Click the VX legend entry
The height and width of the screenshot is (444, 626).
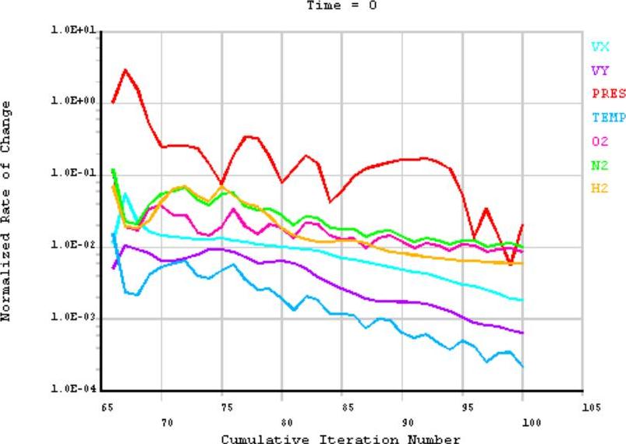(x=599, y=47)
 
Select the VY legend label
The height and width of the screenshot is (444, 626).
(x=599, y=70)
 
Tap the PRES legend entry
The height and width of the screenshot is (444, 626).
(x=608, y=94)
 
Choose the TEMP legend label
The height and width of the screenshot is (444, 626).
(x=608, y=118)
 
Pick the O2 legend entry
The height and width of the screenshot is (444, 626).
(x=599, y=141)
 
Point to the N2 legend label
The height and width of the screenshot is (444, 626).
(x=599, y=164)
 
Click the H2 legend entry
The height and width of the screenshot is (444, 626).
(x=599, y=188)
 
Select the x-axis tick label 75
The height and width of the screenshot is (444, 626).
(x=222, y=407)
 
